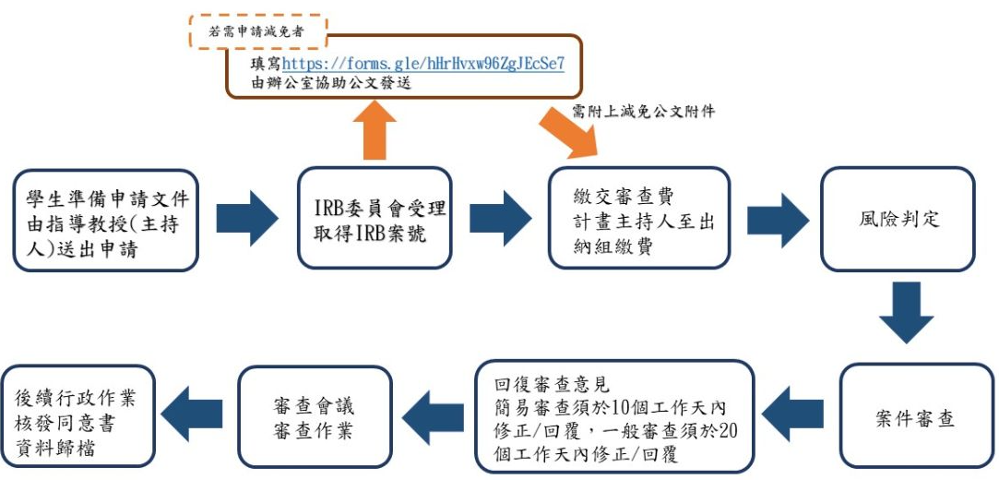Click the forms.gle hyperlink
[x=423, y=64]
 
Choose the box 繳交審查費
[x=638, y=219]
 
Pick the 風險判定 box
[x=898, y=219]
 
